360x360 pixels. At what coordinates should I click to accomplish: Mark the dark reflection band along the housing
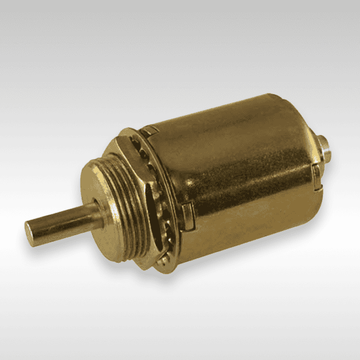240,198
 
